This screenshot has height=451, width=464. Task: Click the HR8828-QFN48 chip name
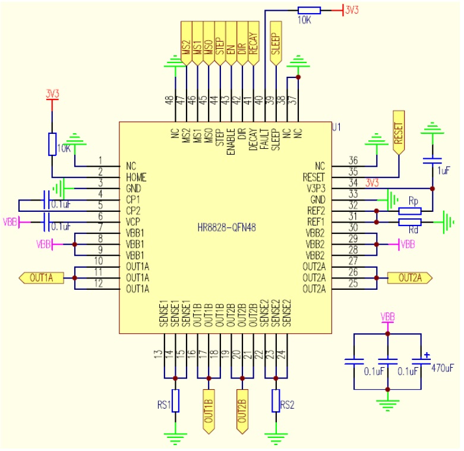226,227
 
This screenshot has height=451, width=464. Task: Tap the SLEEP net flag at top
276,40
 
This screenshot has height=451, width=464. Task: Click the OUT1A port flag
40,277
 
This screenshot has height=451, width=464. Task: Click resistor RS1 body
175,400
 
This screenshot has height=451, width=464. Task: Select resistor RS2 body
276,400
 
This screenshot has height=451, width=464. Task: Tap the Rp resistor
410,211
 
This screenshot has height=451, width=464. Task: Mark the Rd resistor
410,222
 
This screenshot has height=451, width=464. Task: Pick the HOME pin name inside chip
136,177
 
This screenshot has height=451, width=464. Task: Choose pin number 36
353,161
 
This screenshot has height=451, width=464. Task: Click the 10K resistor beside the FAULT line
309,10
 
